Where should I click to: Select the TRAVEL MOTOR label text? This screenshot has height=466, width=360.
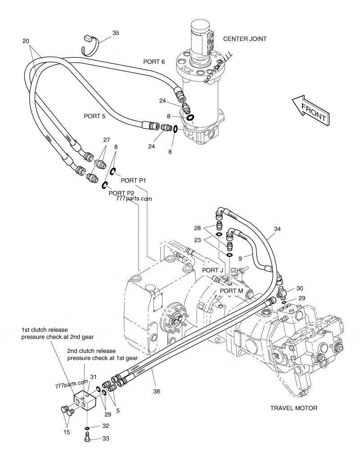[293, 408]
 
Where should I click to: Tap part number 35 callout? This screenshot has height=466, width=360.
[116, 33]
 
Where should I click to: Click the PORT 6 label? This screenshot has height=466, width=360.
[154, 62]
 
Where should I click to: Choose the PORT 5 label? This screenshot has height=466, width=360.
[94, 116]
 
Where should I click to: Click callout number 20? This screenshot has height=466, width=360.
[26, 41]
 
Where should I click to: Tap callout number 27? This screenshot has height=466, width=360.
[106, 140]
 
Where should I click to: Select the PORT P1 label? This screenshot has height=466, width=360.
[134, 180]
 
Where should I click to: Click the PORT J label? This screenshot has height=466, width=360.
[212, 270]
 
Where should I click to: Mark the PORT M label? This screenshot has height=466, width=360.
[231, 291]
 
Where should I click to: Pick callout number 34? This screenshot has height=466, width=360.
[277, 229]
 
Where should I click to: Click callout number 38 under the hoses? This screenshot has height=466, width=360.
[156, 391]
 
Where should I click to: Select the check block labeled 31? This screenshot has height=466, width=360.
[85, 399]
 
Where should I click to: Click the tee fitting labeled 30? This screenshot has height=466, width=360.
[282, 294]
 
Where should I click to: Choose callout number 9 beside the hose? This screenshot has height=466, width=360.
[240, 258]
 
